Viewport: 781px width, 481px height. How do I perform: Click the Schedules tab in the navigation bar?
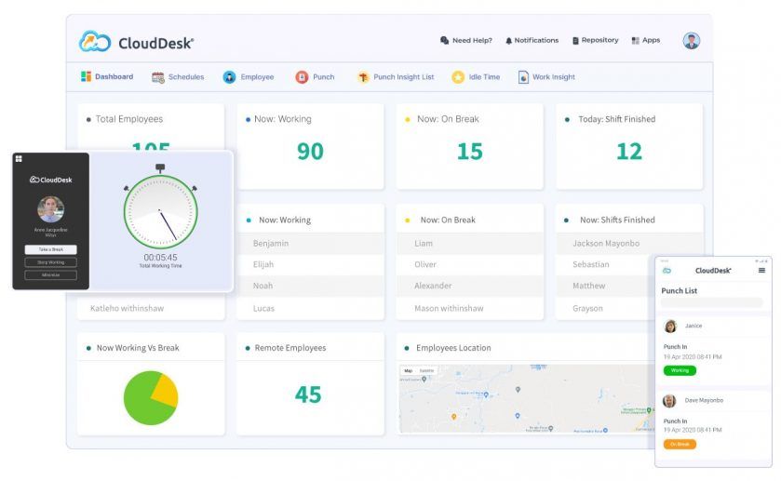click(178, 77)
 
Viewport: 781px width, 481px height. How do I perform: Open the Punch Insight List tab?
click(396, 77)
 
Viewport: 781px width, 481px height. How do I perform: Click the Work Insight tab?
click(546, 77)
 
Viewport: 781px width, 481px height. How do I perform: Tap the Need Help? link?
click(465, 41)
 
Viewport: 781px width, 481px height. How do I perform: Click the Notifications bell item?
click(532, 41)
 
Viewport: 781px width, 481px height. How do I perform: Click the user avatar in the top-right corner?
click(691, 41)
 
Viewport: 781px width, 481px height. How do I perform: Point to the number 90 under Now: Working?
click(310, 151)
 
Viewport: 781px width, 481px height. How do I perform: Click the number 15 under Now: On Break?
click(469, 151)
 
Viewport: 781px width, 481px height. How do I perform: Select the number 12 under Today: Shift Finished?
click(629, 151)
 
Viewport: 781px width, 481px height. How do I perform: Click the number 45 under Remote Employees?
click(308, 394)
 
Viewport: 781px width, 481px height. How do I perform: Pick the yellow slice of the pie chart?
click(164, 389)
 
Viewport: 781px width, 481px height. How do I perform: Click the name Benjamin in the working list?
click(271, 244)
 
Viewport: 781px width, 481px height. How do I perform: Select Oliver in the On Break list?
click(425, 264)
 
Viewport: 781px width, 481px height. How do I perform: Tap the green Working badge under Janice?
click(680, 370)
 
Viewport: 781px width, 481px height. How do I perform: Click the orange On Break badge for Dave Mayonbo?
click(680, 444)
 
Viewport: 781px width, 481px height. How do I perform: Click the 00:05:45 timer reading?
click(160, 257)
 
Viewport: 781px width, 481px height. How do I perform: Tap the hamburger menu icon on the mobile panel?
click(761, 271)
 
